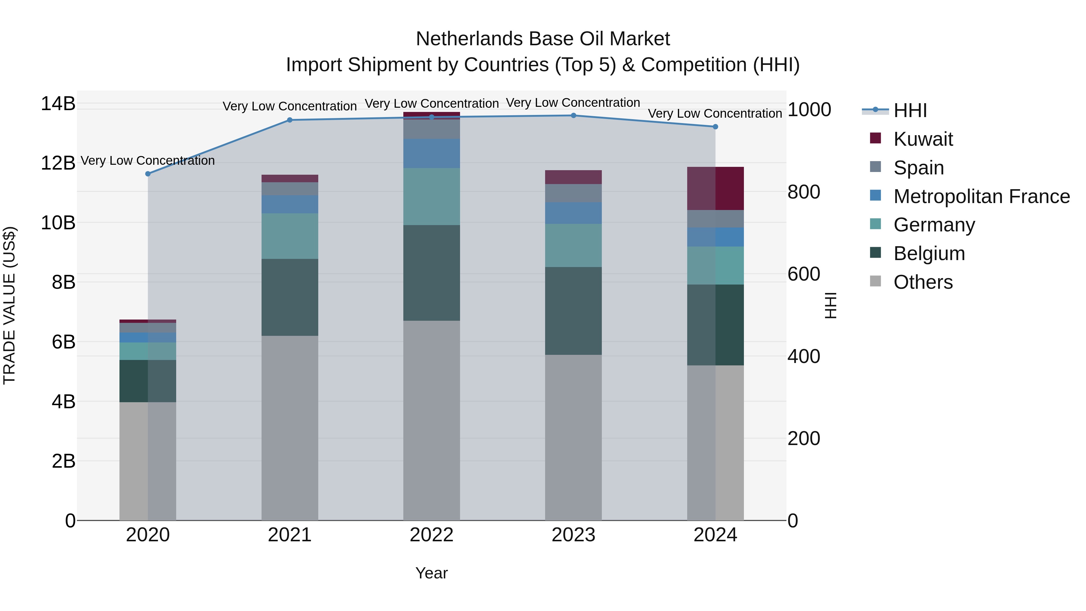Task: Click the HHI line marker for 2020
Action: coord(148,174)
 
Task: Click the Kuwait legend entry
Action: coord(923,139)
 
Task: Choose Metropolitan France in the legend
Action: coord(981,196)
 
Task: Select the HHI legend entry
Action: coord(910,110)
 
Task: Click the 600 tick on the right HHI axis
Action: coord(804,274)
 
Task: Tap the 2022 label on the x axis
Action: coord(431,535)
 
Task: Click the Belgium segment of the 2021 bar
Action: coord(290,297)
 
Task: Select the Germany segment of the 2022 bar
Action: coord(431,196)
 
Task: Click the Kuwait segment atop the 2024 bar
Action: coord(716,189)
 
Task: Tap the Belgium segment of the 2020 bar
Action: coord(148,381)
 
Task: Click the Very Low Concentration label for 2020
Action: coord(148,161)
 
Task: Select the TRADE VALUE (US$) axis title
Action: coord(9,305)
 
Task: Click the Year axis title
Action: coord(431,573)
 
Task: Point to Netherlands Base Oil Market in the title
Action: coord(543,39)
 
